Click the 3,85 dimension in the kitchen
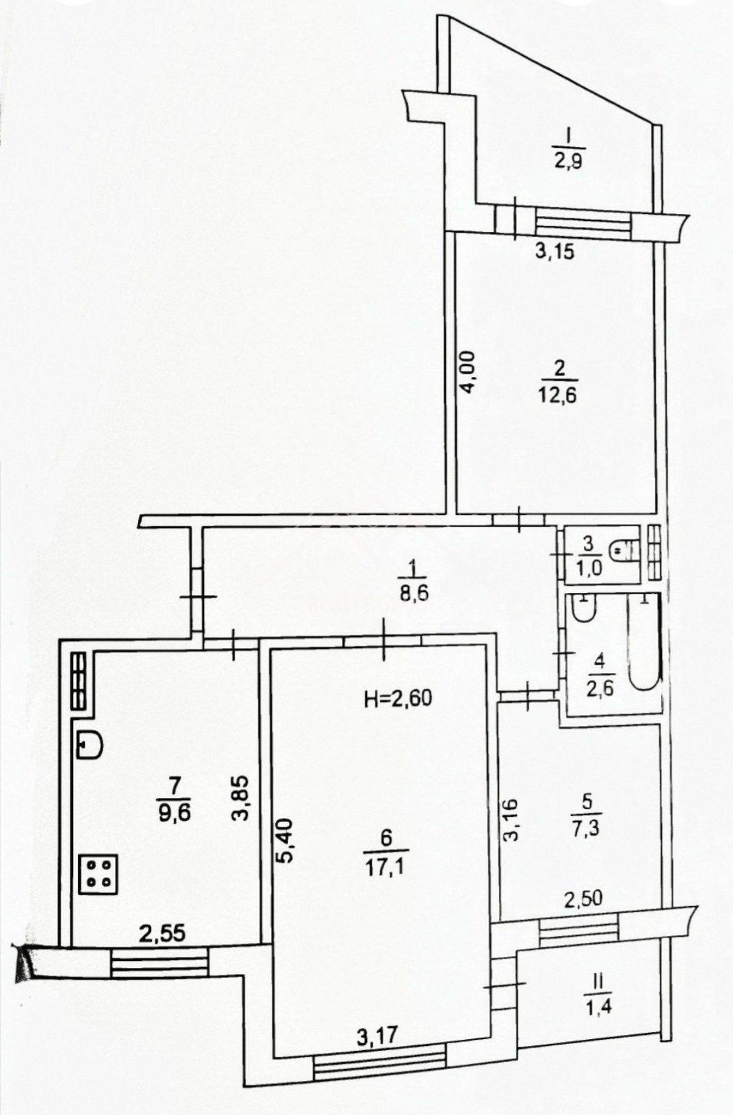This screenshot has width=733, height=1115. [240, 803]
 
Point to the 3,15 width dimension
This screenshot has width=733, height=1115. [554, 252]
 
